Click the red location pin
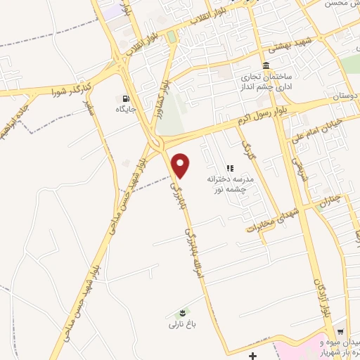(x=181, y=165)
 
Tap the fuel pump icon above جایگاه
(x=126, y=98)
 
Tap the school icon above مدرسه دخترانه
(x=229, y=168)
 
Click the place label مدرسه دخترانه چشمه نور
(x=231, y=184)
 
